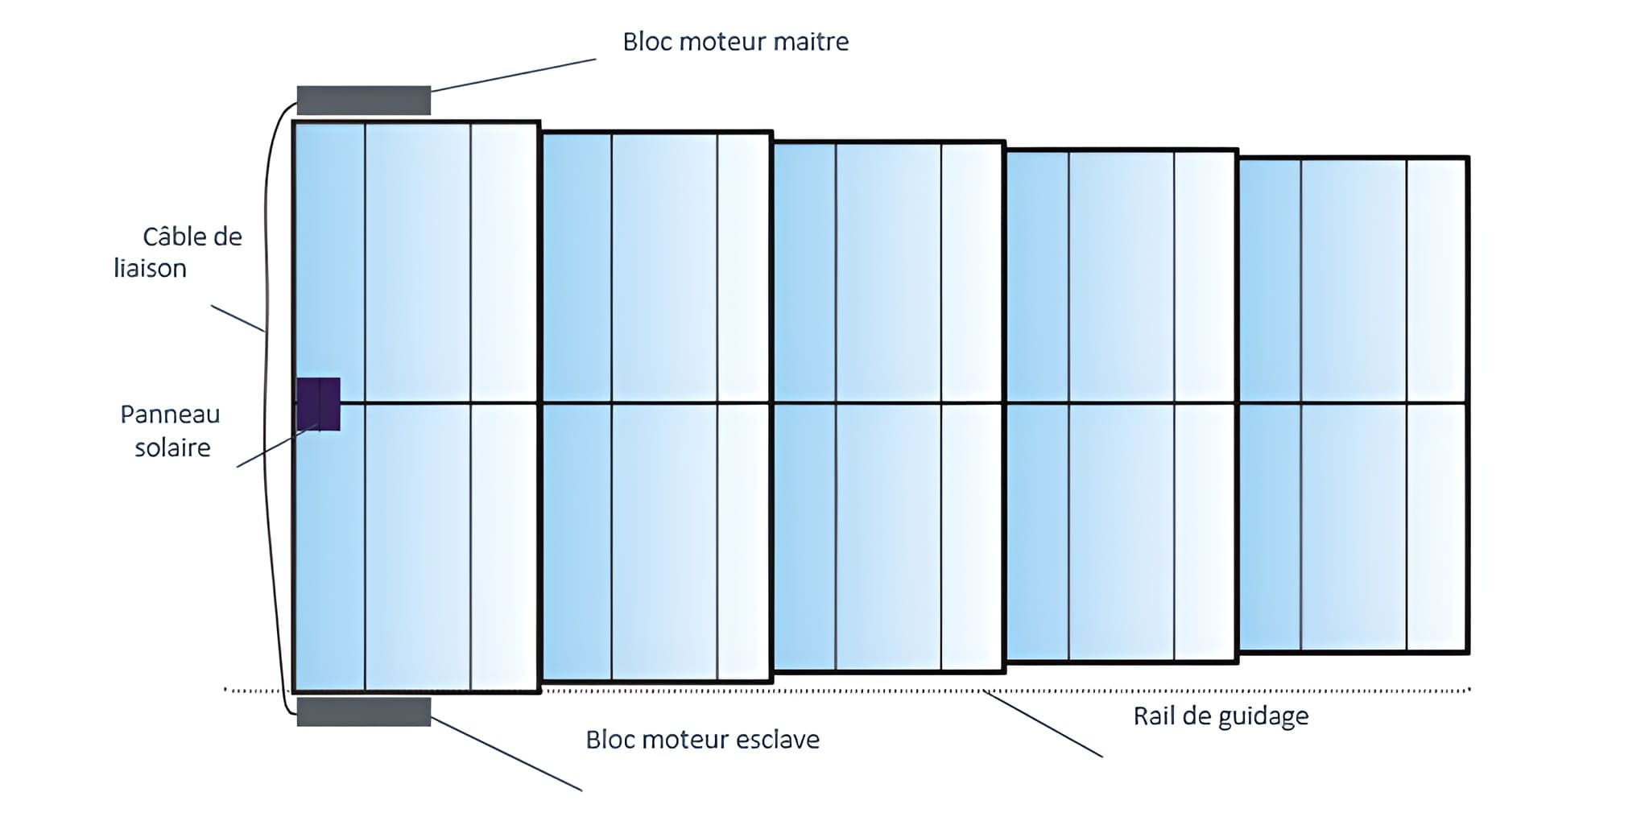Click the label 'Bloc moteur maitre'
point(735,42)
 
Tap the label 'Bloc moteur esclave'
point(702,740)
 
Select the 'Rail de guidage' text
point(1221,716)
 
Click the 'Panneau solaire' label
point(171,431)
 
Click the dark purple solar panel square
point(318,403)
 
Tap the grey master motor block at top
point(363,101)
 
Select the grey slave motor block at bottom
point(363,712)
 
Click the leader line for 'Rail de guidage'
point(1042,724)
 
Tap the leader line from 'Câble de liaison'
point(238,318)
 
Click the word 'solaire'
point(172,447)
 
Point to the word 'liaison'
point(150,269)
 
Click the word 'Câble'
point(171,237)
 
